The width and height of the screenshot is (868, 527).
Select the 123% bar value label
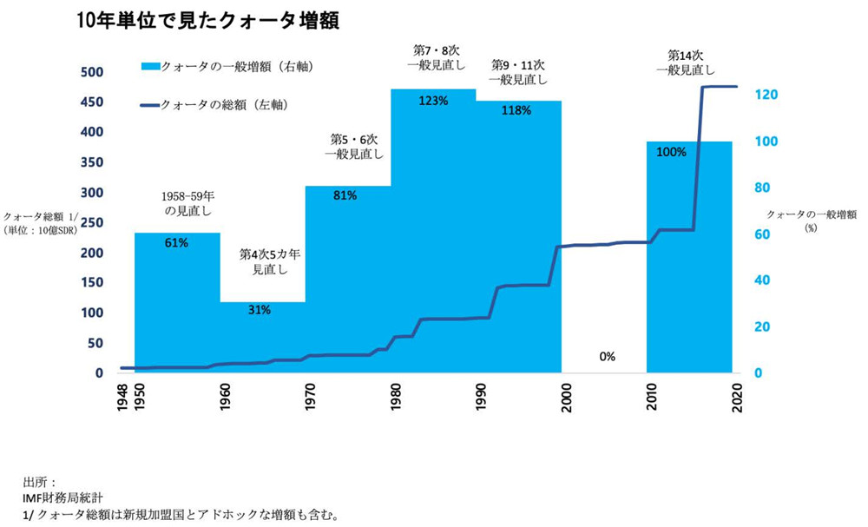(433, 101)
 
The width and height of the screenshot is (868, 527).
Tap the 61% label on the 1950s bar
(176, 243)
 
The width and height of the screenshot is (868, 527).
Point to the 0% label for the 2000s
(607, 356)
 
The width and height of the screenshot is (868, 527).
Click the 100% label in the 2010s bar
(672, 152)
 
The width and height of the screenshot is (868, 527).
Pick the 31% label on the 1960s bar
(261, 310)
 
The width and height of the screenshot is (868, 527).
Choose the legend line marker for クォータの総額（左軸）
(148, 105)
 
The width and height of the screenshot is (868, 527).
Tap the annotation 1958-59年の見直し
(187, 203)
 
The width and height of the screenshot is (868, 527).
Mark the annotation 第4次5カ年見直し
(269, 261)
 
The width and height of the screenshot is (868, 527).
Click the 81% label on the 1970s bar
(345, 195)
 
